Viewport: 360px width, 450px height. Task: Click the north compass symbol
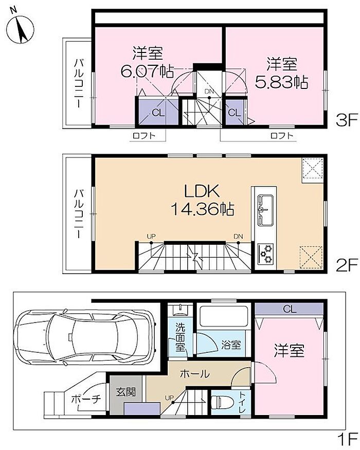20,29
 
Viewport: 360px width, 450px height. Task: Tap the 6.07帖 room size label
147,71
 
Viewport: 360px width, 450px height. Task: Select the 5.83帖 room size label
282,82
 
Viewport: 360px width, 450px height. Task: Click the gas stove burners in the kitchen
266,254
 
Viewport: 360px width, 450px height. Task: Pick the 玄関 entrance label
125,392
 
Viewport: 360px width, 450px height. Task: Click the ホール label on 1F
195,374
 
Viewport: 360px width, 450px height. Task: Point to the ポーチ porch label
86,399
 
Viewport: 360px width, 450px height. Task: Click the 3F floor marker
347,120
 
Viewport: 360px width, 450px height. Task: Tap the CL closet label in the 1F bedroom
289,309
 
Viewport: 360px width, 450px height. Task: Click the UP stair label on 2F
151,237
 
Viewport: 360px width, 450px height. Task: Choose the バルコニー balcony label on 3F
78,83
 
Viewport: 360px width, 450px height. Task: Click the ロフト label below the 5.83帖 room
282,135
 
